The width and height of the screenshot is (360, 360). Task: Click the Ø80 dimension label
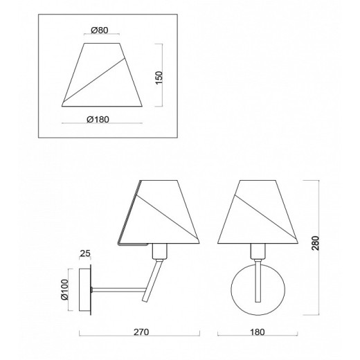(x=99, y=30)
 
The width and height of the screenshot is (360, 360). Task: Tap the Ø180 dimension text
(x=98, y=119)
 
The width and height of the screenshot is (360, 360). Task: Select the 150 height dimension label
(x=159, y=78)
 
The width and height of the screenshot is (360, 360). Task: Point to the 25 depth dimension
(x=85, y=253)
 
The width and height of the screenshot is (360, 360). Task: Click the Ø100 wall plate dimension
(x=65, y=289)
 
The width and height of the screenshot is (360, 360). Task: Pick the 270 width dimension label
(x=141, y=332)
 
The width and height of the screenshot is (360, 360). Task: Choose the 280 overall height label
(x=315, y=243)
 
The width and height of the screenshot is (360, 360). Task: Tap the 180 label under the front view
(x=258, y=332)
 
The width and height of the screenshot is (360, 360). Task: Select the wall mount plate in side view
(x=85, y=289)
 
